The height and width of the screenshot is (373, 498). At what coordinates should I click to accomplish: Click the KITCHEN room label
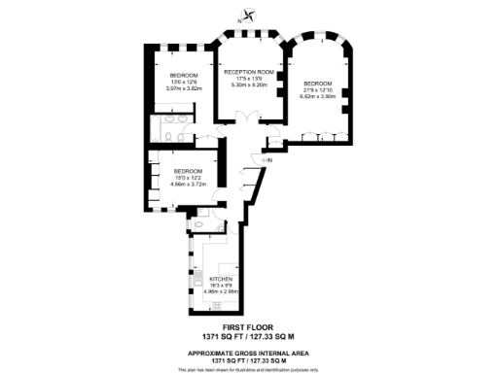221,279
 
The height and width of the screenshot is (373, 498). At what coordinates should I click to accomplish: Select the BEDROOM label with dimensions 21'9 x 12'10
318,84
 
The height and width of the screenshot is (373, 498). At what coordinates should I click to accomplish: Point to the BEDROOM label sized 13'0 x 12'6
184,76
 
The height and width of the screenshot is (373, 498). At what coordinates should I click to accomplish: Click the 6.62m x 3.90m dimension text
318,97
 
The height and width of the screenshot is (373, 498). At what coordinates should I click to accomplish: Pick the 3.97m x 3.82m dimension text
184,89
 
